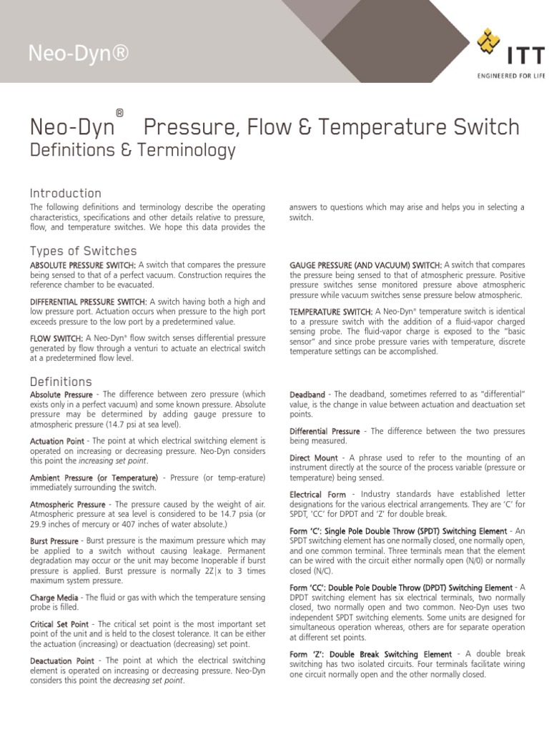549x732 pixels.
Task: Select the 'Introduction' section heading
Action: pos(65,193)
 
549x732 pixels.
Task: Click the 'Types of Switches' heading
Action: pos(83,251)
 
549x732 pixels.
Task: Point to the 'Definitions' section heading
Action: pos(61,381)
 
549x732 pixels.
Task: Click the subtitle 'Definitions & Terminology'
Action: pos(132,150)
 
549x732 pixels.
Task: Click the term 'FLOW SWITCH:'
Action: pos(56,338)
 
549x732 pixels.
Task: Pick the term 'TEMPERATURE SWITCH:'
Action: pos(331,312)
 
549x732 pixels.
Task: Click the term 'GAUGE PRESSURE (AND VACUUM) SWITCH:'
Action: pos(365,265)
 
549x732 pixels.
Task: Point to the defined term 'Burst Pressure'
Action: pos(54,541)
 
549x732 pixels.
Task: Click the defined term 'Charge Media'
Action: pos(54,597)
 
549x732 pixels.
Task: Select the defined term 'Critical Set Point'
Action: pos(59,625)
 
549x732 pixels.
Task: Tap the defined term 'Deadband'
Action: pos(307,395)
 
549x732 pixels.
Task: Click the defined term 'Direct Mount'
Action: pos(314,457)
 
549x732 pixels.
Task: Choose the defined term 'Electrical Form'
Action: pos(317,495)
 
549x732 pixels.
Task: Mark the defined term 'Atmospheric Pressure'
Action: pos(63,505)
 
